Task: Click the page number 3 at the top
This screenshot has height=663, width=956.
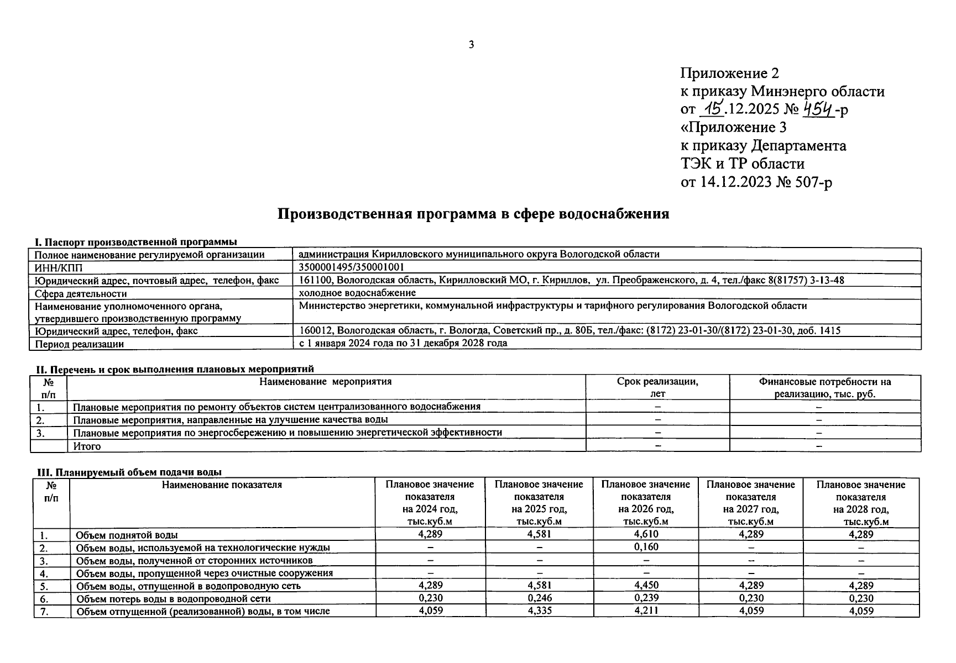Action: click(x=471, y=45)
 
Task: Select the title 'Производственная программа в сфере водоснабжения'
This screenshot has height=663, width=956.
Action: click(x=473, y=214)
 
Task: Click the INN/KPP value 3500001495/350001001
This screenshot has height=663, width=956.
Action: click(x=347, y=267)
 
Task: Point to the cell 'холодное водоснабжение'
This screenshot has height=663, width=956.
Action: click(x=357, y=293)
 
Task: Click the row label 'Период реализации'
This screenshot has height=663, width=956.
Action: click(x=79, y=344)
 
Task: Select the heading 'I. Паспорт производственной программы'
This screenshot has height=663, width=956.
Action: click(x=136, y=242)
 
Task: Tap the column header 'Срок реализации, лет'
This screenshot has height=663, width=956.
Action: click(x=657, y=387)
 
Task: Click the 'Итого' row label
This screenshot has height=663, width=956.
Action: click(x=87, y=446)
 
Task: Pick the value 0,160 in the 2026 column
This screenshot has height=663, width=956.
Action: click(x=645, y=547)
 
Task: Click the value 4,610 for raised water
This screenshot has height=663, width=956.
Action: click(x=645, y=534)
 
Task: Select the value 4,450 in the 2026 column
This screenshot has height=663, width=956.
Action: click(x=645, y=586)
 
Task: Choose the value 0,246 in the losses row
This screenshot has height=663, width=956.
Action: click(x=539, y=598)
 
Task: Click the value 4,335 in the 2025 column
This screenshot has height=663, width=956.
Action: click(x=539, y=611)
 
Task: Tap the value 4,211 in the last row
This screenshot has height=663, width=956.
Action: click(x=645, y=611)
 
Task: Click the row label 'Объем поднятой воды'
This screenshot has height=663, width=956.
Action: click(x=127, y=535)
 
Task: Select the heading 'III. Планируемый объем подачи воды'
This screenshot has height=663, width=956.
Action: click(x=129, y=472)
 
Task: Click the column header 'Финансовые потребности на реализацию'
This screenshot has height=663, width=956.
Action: click(x=824, y=387)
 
